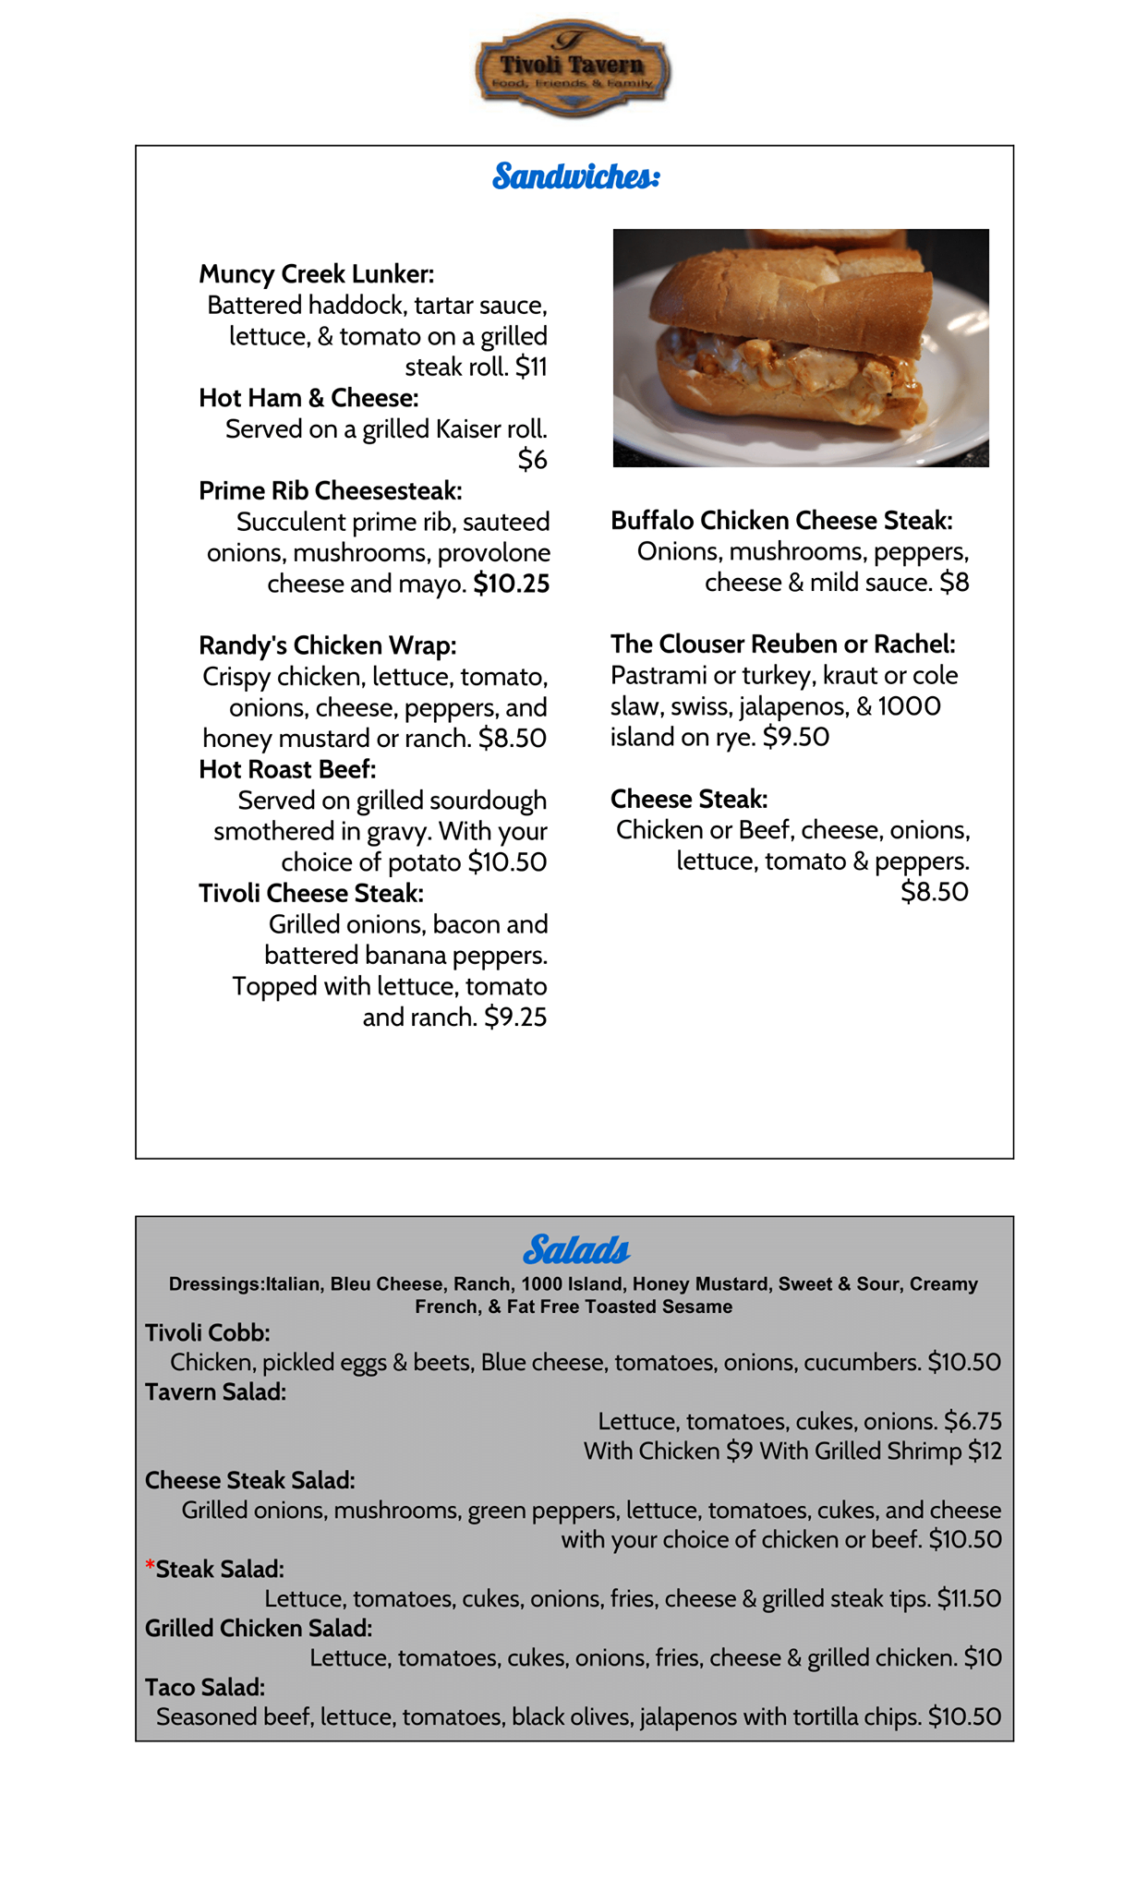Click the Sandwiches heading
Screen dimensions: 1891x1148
575,175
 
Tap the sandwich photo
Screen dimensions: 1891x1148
801,347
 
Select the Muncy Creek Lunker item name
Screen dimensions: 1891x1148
316,274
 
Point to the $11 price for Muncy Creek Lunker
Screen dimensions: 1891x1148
531,367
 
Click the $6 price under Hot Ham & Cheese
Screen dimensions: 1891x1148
532,460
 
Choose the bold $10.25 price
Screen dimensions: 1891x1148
511,584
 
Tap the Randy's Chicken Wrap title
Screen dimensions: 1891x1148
327,645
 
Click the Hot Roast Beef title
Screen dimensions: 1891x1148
287,769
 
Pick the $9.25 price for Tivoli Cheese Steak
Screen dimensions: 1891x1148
515,1018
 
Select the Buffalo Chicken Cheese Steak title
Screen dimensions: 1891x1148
781,521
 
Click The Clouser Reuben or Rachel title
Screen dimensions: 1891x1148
782,644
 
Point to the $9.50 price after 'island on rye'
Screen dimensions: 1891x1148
796,737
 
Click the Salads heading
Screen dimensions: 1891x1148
575,1250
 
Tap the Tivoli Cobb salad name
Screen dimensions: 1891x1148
207,1332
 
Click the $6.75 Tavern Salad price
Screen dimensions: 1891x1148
973,1421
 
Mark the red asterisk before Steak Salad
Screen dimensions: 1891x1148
150,1567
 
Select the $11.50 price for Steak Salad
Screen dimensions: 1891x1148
969,1598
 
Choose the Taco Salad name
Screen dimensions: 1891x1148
205,1687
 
